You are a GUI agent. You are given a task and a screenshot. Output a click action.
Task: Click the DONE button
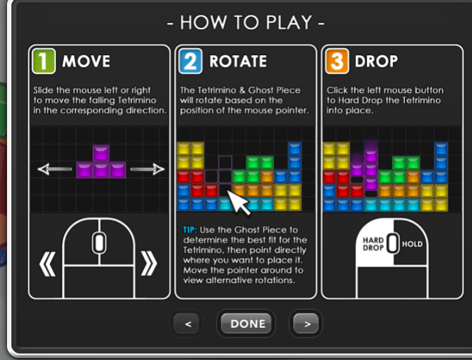(x=245, y=324)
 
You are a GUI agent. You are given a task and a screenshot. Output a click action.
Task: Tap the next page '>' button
(x=306, y=324)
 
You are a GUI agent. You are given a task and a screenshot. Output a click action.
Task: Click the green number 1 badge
(x=43, y=61)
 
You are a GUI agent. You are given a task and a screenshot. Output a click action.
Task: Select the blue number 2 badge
(x=190, y=61)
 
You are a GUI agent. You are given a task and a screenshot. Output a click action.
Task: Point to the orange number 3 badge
(x=337, y=61)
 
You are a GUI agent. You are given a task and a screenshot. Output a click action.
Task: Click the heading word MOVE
(x=86, y=61)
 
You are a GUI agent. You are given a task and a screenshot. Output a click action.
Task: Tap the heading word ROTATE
(x=238, y=61)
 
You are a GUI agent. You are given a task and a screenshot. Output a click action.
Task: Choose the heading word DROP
(x=376, y=61)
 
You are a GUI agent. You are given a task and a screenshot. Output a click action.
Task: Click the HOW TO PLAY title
(x=246, y=22)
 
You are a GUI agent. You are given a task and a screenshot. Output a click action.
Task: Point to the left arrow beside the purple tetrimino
(x=55, y=169)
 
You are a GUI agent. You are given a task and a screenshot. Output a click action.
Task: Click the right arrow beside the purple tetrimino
(x=148, y=169)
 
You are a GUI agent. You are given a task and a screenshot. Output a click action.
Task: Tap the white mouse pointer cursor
(x=238, y=202)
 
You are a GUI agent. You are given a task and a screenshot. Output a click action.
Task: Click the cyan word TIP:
(x=190, y=230)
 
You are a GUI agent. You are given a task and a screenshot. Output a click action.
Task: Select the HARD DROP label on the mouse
(x=373, y=244)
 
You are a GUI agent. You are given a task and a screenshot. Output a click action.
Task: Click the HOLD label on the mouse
(x=412, y=244)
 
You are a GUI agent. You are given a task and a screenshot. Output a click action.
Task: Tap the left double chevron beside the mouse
(x=48, y=264)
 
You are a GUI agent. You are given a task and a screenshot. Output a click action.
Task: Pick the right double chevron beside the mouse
(x=149, y=264)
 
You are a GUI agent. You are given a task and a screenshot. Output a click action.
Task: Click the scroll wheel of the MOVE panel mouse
(x=99, y=243)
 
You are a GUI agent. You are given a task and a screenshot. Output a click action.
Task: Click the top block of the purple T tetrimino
(x=101, y=153)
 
